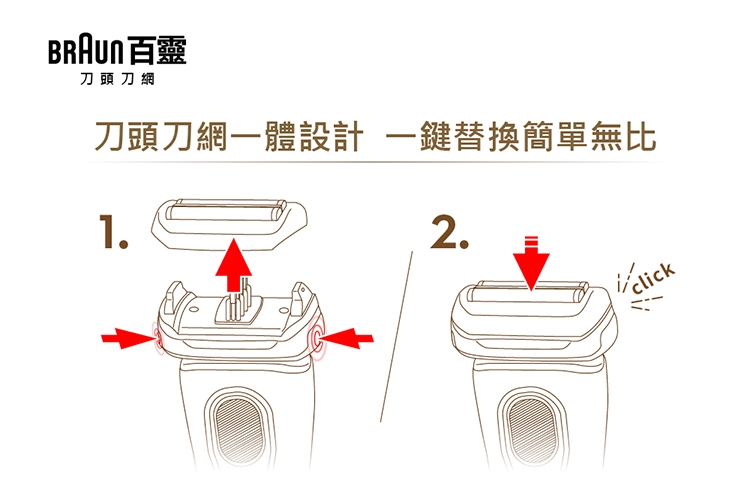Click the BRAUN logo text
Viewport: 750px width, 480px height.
pos(85,51)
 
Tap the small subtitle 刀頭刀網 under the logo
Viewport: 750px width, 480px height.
pos(117,79)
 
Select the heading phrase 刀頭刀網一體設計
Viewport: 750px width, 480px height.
pos(229,137)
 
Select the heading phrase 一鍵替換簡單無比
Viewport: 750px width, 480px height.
pos(520,137)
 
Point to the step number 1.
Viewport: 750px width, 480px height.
pos(113,232)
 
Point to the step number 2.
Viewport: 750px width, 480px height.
pos(450,232)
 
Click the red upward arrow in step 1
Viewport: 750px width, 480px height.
pos(233,265)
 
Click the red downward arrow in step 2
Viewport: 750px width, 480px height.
pos(531,263)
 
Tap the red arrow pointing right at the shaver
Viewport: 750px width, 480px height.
pos(129,338)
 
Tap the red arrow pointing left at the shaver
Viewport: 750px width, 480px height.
pos(346,338)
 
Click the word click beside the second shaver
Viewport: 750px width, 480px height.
pos(653,278)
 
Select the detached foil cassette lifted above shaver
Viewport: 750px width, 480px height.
pos(229,223)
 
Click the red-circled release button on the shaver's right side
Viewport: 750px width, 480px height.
pos(317,337)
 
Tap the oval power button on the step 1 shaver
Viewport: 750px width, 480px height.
pos(239,430)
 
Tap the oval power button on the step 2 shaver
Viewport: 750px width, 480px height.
pos(532,430)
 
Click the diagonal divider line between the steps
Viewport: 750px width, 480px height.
pos(396,337)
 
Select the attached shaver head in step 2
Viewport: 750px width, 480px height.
pos(533,324)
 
